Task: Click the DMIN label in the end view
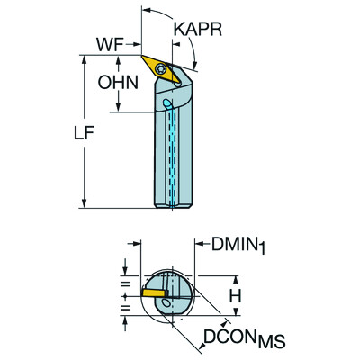tap(233, 244)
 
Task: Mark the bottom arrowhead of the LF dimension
tap(84, 204)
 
